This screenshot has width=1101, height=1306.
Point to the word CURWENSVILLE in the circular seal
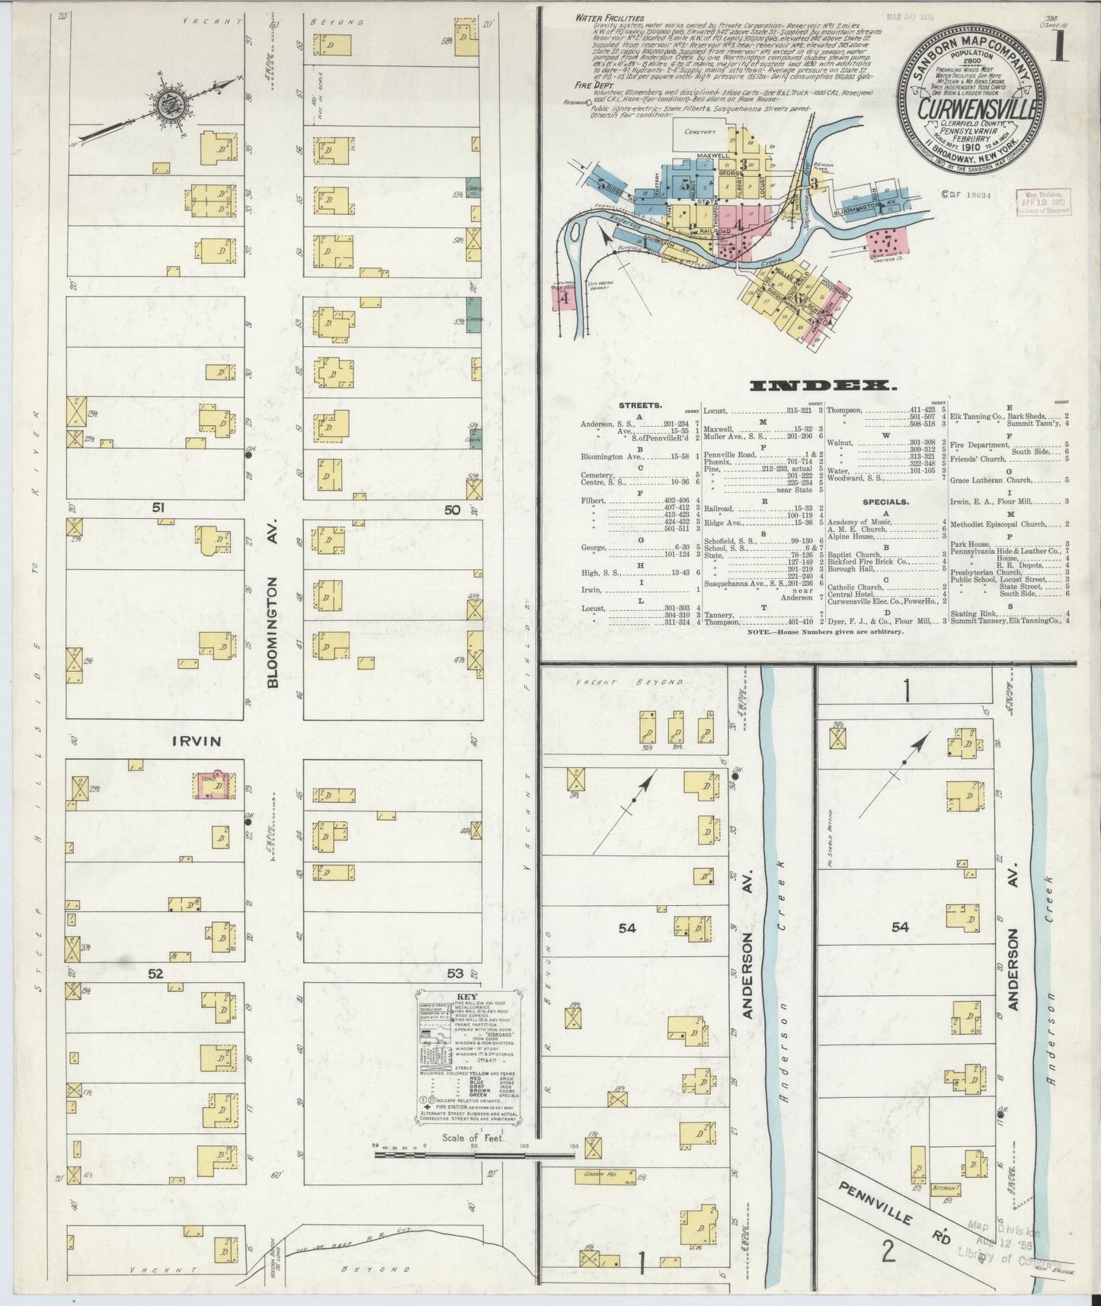pyautogui.click(x=975, y=109)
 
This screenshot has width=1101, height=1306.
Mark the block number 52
pyautogui.click(x=155, y=973)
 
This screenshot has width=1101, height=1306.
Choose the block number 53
pyautogui.click(x=455, y=973)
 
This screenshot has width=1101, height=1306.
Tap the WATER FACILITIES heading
pyautogui.click(x=610, y=18)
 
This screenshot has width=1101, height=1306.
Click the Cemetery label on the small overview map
pyautogui.click(x=700, y=133)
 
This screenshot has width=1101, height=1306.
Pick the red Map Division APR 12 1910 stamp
pyautogui.click(x=1042, y=204)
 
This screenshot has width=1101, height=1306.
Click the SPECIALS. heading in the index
pyautogui.click(x=885, y=502)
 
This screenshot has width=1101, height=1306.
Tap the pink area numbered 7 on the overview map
pyautogui.click(x=885, y=242)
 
